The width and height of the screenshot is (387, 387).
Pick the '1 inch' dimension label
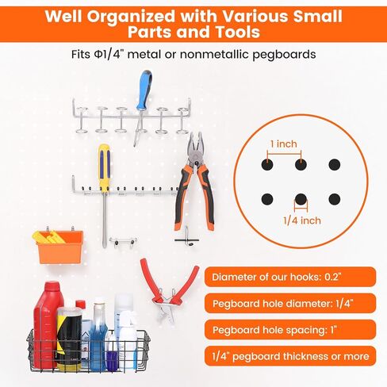click(284, 144)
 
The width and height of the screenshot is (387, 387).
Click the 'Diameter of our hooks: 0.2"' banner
click(289, 277)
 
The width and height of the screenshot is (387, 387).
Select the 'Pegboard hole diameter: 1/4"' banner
click(289, 303)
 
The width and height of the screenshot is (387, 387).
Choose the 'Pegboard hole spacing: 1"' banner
click(289, 329)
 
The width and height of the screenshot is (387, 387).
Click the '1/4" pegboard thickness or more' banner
click(289, 356)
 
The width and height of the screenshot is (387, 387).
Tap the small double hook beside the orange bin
click(124, 240)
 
